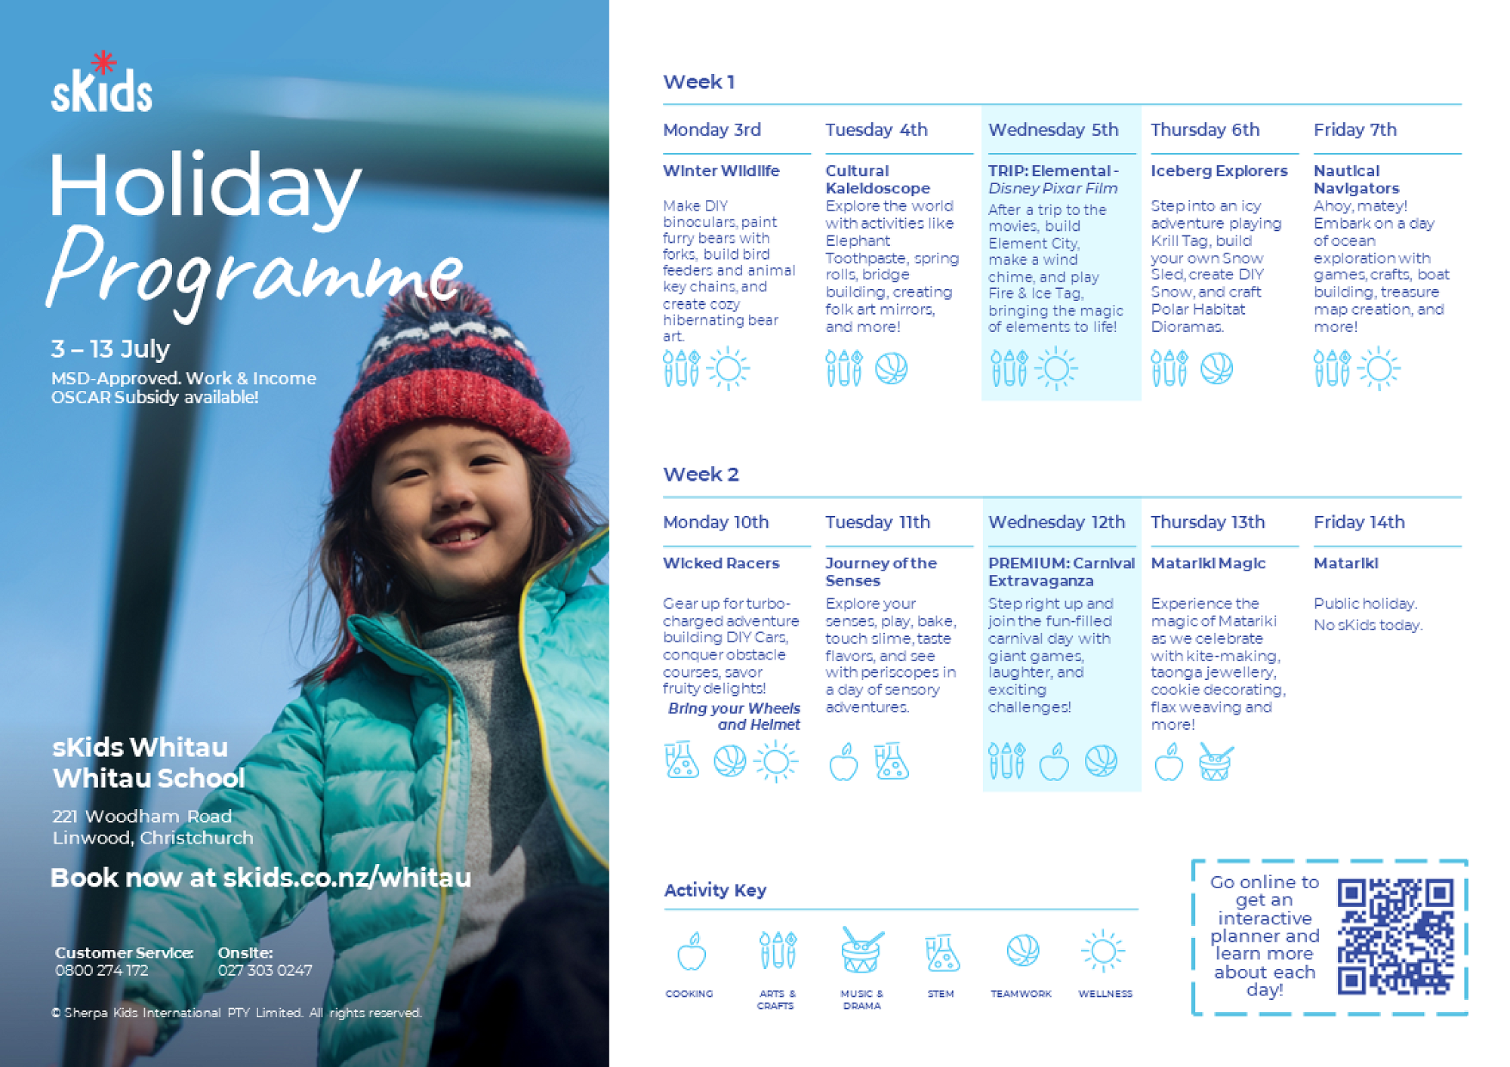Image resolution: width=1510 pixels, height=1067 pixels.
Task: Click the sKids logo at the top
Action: pos(102,85)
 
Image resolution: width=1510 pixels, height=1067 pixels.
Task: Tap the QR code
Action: pos(1395,936)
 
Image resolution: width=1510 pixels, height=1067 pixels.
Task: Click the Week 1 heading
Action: pos(698,81)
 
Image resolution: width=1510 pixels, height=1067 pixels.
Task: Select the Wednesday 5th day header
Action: pos(1052,130)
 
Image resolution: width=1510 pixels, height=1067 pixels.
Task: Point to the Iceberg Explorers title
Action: pos(1219,171)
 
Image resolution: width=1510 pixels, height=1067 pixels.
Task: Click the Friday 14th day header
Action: pos(1358,522)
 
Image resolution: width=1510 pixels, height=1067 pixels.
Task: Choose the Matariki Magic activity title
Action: pos(1207,563)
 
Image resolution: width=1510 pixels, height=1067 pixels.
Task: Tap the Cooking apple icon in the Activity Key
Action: pos(691,952)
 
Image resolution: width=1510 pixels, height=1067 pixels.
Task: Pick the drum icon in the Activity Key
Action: pos(861,951)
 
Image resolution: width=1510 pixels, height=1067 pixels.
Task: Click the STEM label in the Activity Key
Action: pos(941,994)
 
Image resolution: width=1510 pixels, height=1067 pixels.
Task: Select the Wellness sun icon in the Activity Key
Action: pos(1103,951)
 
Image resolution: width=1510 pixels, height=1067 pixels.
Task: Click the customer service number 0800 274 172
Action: pos(102,970)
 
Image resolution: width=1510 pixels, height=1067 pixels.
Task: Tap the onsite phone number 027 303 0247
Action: pos(265,970)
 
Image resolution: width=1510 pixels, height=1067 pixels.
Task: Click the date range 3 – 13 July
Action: pos(110,349)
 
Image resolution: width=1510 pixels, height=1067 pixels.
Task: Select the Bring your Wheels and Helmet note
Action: pos(734,716)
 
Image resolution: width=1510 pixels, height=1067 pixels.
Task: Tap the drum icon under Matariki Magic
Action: pos(1216,762)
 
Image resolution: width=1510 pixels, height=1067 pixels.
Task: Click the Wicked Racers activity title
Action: pos(720,563)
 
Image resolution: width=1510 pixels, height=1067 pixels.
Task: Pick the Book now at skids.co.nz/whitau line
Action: pos(260,878)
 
